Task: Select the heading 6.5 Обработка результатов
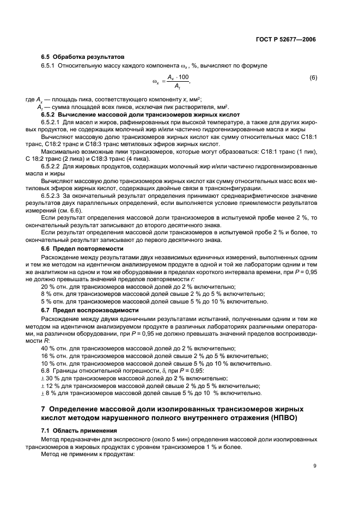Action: [83, 57]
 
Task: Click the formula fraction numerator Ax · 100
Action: [178, 77]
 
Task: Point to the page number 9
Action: [315, 465]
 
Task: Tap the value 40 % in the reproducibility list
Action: [48, 348]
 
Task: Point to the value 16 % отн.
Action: [54, 356]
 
